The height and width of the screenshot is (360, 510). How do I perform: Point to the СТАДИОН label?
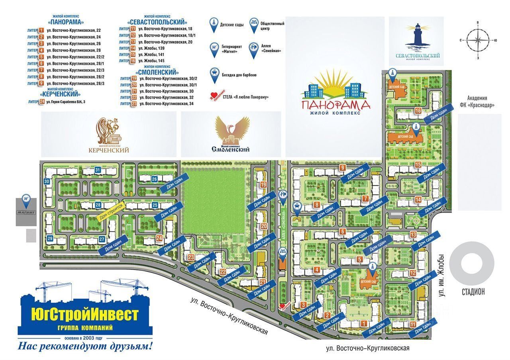(x=473, y=292)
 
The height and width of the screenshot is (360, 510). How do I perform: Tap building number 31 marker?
(x=98, y=170)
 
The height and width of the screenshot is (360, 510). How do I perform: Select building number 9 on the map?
(x=342, y=168)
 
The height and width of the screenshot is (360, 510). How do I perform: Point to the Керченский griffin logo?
(x=109, y=131)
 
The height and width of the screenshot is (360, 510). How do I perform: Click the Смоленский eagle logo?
(x=231, y=131)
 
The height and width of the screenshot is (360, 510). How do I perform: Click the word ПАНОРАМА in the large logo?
(x=335, y=105)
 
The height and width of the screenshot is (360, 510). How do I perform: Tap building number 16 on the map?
(x=418, y=111)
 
